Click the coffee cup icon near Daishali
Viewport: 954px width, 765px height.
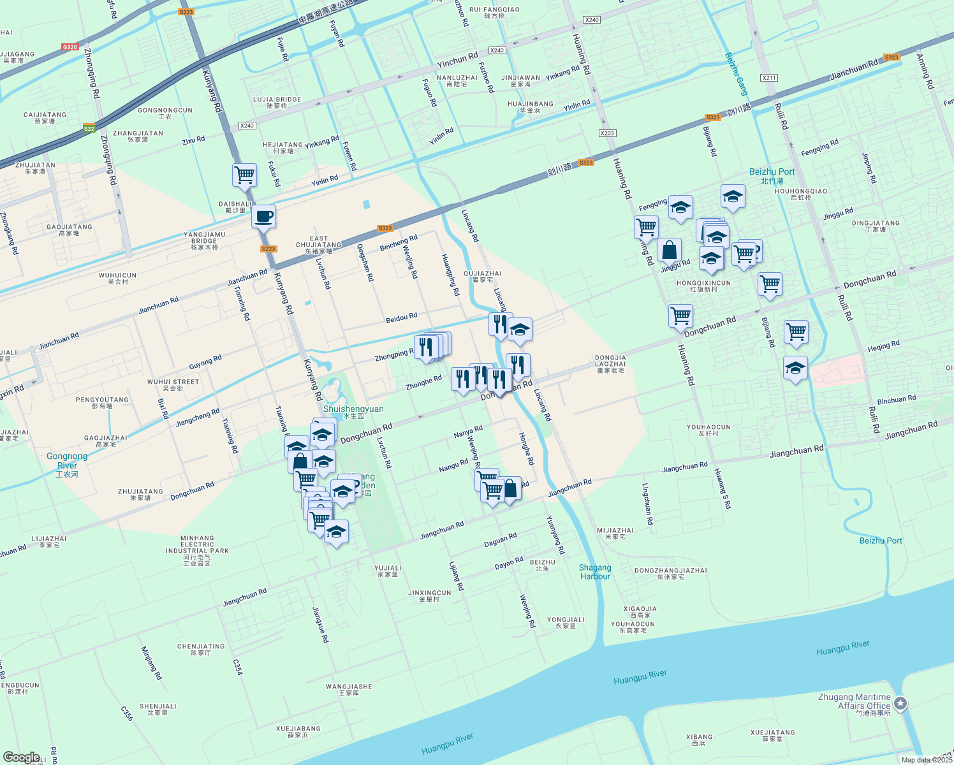click(x=263, y=216)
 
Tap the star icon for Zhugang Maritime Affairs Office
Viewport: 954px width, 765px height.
click(x=900, y=704)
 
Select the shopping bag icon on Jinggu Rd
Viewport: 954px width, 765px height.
click(x=669, y=250)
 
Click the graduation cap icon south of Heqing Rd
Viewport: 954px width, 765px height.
click(x=795, y=368)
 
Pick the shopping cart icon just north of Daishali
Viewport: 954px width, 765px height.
click(x=245, y=175)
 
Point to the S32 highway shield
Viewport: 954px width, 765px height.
click(x=89, y=129)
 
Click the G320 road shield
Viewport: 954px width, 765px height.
click(x=70, y=47)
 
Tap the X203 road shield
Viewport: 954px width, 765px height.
click(x=607, y=133)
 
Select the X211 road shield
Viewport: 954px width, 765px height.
click(x=769, y=78)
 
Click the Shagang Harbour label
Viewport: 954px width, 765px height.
click(x=595, y=572)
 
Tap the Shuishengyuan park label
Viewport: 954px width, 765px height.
click(x=353, y=412)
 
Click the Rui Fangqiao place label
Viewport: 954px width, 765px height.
click(x=494, y=13)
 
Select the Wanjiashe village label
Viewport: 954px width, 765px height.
click(x=349, y=689)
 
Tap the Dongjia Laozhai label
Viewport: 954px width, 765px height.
click(x=610, y=364)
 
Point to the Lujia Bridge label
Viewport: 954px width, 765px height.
click(x=277, y=102)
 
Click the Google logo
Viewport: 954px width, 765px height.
click(x=21, y=757)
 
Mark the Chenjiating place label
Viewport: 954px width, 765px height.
click(x=201, y=649)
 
